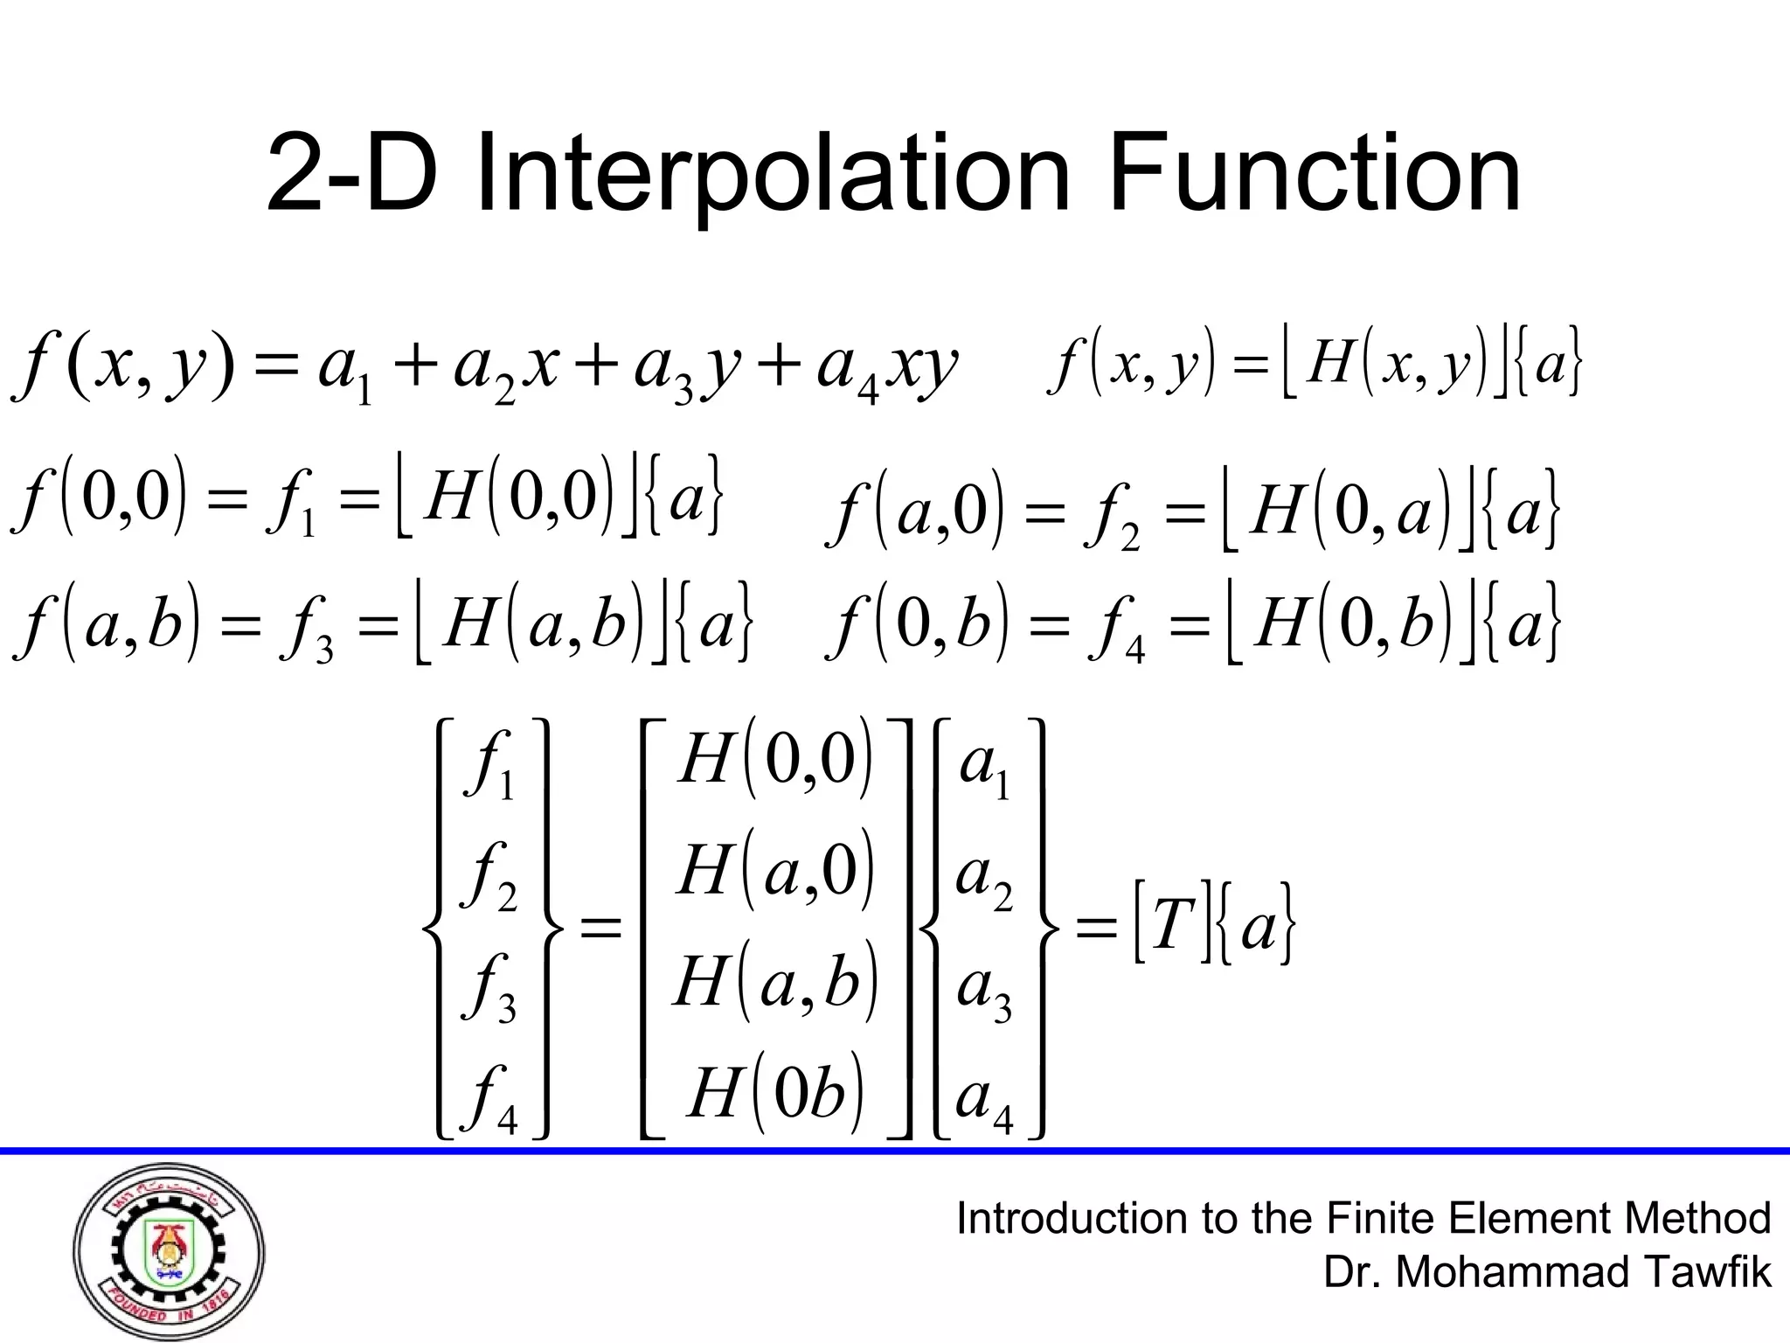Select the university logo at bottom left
169,1253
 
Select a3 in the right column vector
984,989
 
